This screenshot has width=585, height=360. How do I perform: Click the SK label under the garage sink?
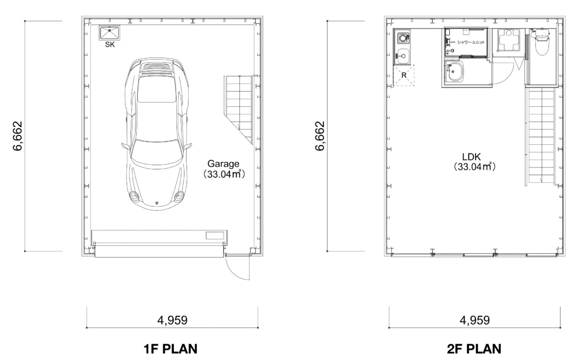click(x=110, y=45)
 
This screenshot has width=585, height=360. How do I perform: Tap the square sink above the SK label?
click(x=109, y=33)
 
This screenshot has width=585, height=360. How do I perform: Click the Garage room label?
click(x=223, y=164)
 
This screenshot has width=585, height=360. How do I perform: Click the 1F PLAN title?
click(x=171, y=349)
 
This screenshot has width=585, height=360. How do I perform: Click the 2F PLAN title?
click(x=474, y=349)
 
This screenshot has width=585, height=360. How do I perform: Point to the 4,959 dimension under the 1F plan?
click(x=173, y=320)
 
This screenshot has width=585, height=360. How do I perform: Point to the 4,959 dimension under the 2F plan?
click(x=475, y=320)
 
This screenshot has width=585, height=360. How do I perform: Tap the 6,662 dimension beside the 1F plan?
click(x=18, y=136)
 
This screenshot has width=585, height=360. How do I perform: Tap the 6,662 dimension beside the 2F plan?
click(x=320, y=136)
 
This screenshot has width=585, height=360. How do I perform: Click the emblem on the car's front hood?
click(x=157, y=202)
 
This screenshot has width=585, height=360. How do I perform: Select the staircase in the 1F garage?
click(x=239, y=110)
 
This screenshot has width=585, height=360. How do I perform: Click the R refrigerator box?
click(x=404, y=75)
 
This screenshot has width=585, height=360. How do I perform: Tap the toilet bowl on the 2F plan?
click(x=541, y=46)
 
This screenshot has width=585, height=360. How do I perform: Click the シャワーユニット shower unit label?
click(x=471, y=42)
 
